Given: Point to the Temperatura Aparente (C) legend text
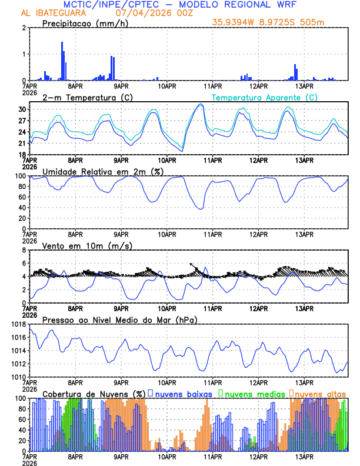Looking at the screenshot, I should [x=265, y=97].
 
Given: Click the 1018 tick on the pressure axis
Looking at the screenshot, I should [x=18, y=324].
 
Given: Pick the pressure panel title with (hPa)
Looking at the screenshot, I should [x=119, y=319].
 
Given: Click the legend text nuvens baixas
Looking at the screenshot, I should [x=183, y=394].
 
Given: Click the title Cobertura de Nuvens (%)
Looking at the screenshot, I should [x=94, y=394].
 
